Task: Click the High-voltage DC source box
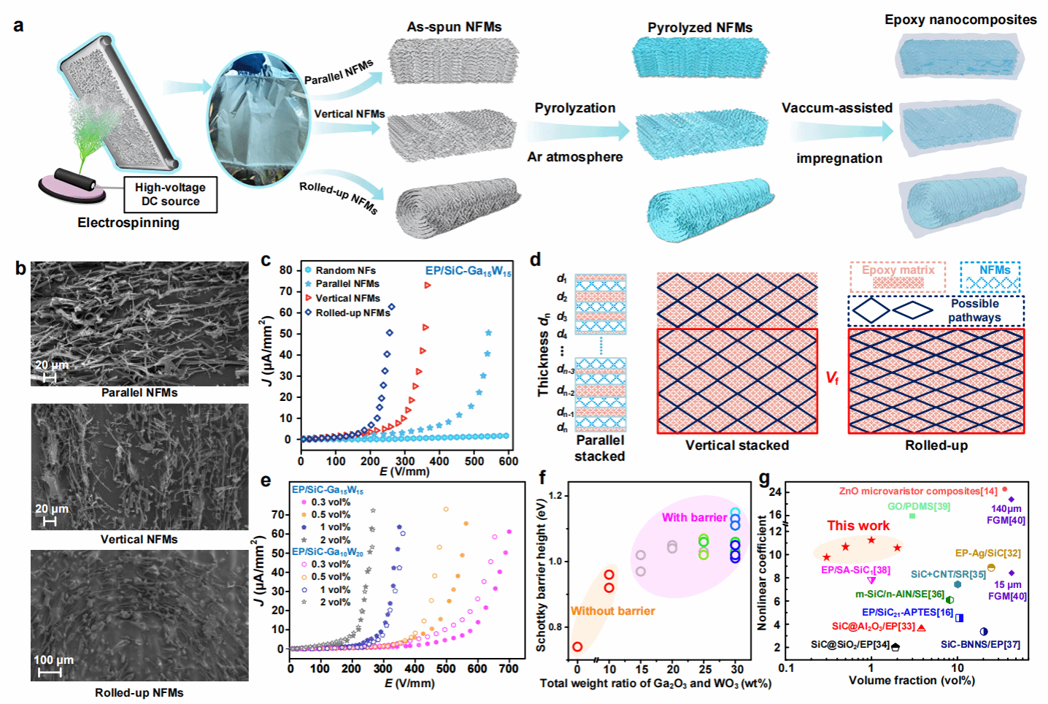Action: pyautogui.click(x=170, y=194)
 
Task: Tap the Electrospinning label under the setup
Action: pyautogui.click(x=128, y=223)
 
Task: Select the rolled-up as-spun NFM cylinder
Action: pyautogui.click(x=458, y=207)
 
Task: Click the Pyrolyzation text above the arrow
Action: pyautogui.click(x=575, y=108)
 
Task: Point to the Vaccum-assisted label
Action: pyautogui.click(x=837, y=108)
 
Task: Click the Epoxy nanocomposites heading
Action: pyautogui.click(x=960, y=20)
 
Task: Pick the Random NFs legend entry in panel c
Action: pyautogui.click(x=344, y=270)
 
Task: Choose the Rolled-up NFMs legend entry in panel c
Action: pyautogui.click(x=352, y=313)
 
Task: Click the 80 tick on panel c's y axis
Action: pyautogui.click(x=285, y=270)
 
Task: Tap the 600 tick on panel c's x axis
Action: pyautogui.click(x=509, y=461)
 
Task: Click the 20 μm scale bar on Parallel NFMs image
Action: pyautogui.click(x=50, y=377)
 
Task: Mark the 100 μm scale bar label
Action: pyautogui.click(x=53, y=660)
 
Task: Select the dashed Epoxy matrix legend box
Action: pyautogui.click(x=898, y=277)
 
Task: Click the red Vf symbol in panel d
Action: pyautogui.click(x=832, y=378)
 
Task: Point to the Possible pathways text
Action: pyautogui.click(x=974, y=310)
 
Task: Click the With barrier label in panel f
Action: pyautogui.click(x=694, y=518)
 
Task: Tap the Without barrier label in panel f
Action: pyautogui.click(x=612, y=611)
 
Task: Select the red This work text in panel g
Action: pyautogui.click(x=858, y=526)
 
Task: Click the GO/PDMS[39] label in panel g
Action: pyautogui.click(x=919, y=506)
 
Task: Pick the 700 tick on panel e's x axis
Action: pyautogui.click(x=509, y=668)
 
